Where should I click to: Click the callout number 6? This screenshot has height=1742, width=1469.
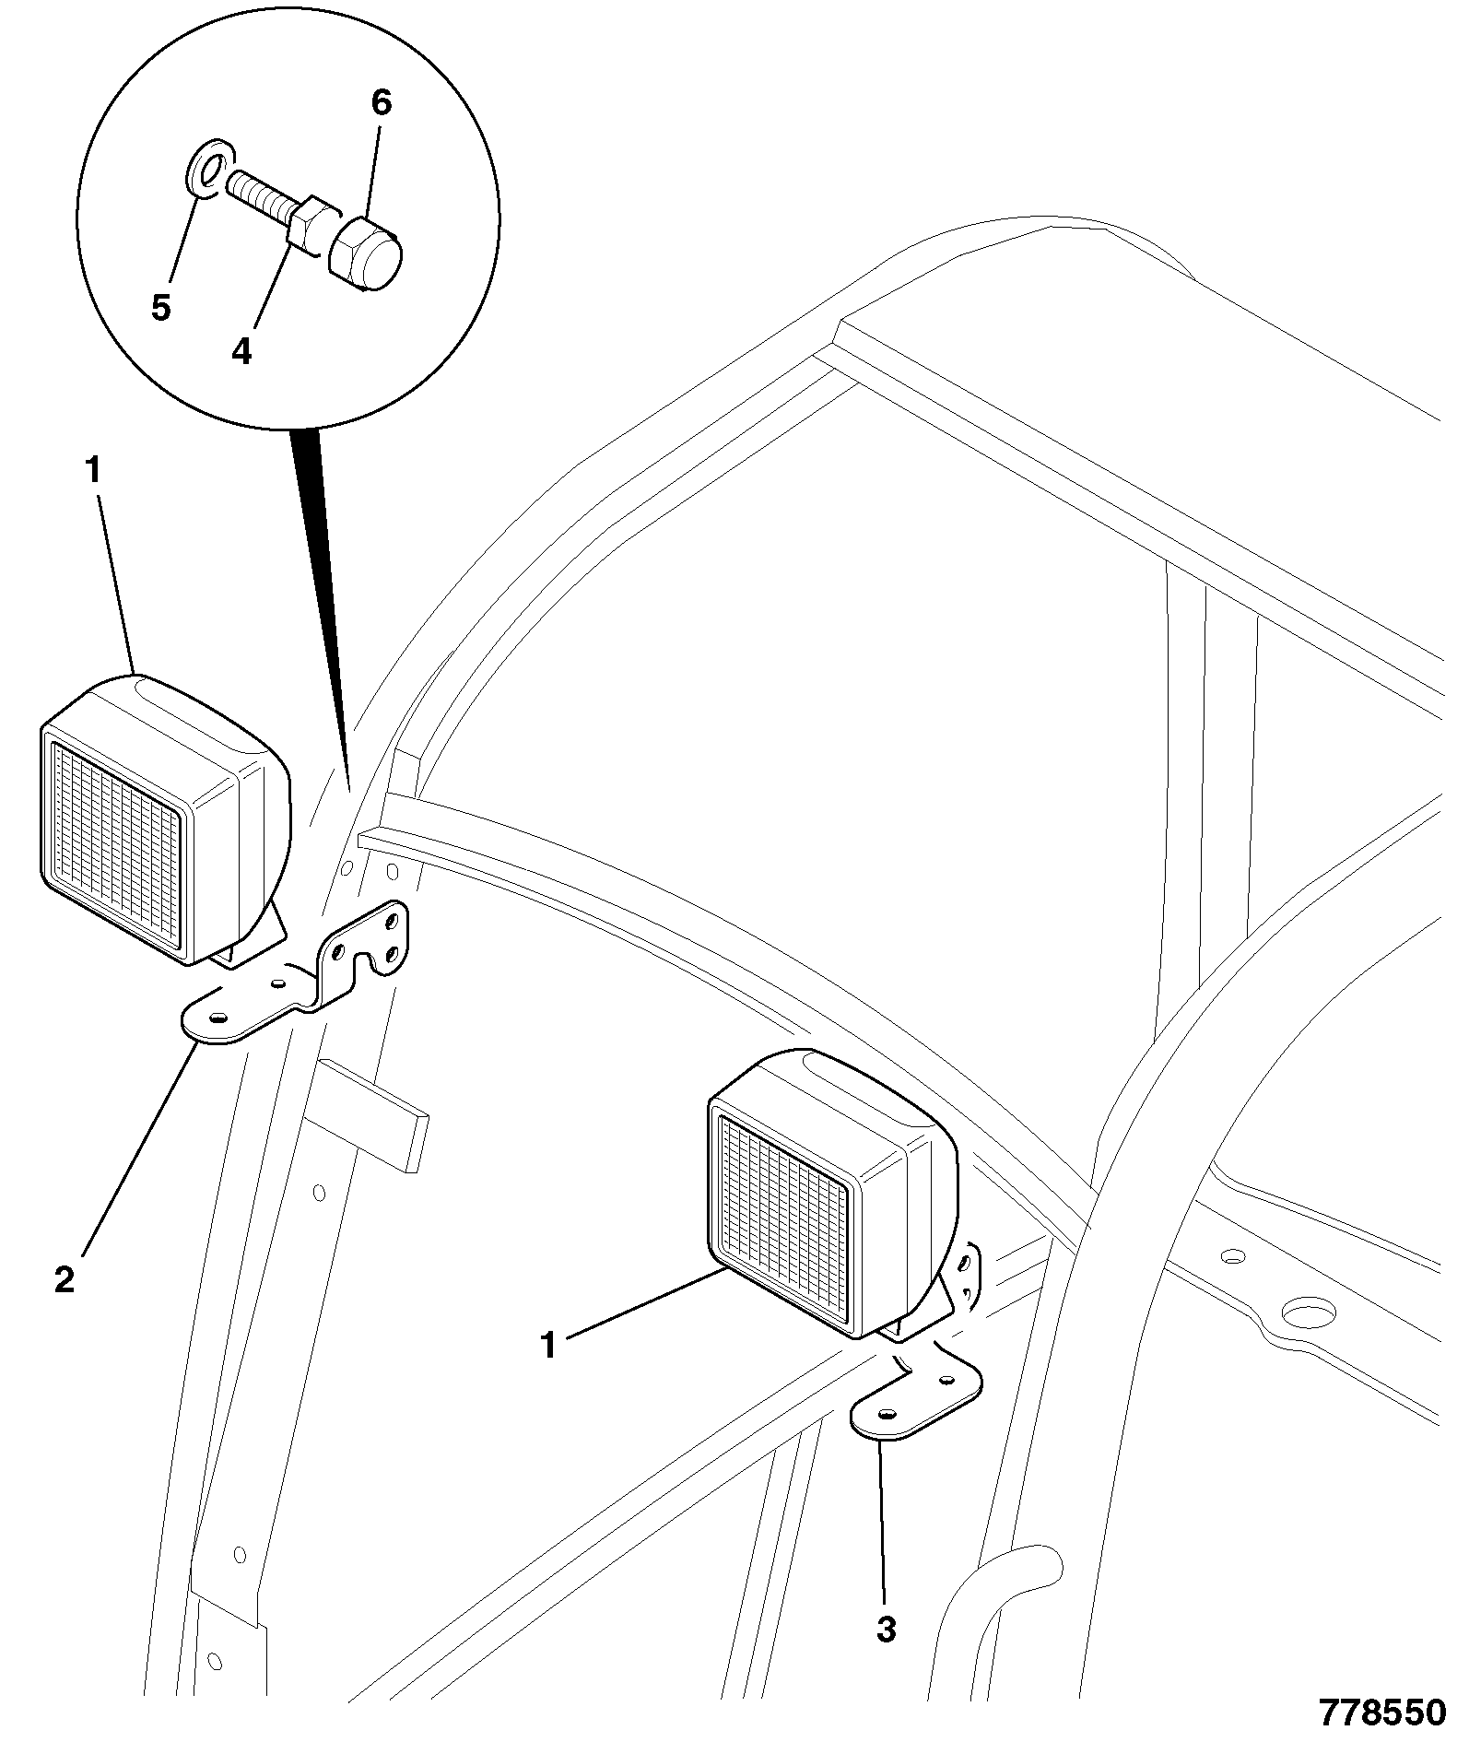coord(382,103)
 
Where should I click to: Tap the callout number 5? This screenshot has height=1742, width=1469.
coord(161,308)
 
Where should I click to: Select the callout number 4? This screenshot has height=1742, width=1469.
coord(241,351)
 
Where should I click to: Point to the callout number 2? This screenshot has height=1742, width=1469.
coord(64,1280)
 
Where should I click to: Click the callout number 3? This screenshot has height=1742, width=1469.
coord(886,1630)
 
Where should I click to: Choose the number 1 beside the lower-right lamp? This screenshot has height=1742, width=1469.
coord(549,1346)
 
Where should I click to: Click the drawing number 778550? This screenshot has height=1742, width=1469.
coord(1382,1712)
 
